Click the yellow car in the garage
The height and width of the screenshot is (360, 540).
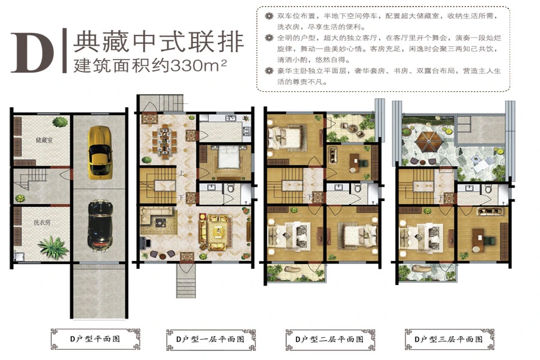(x=100, y=152)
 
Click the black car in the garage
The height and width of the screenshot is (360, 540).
(x=100, y=224)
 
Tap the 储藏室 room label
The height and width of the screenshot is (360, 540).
(x=44, y=140)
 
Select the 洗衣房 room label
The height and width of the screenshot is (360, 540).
(x=42, y=223)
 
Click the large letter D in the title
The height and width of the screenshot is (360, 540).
(x=33, y=52)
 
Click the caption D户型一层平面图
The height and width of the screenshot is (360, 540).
(x=210, y=340)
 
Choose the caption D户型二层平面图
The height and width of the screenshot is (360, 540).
(x=329, y=340)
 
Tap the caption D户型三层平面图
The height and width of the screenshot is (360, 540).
(x=448, y=340)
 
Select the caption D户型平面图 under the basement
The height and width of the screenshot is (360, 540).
(x=95, y=339)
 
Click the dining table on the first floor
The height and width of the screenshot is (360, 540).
(x=166, y=140)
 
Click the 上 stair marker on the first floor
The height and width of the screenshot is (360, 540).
(x=181, y=173)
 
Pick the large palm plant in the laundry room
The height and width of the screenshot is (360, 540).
(x=53, y=247)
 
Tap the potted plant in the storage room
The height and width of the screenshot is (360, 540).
(x=60, y=122)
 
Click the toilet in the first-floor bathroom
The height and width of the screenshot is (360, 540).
(x=230, y=188)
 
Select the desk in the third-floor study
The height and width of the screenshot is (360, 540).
(x=478, y=239)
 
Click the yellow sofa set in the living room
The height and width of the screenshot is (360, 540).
(x=214, y=231)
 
